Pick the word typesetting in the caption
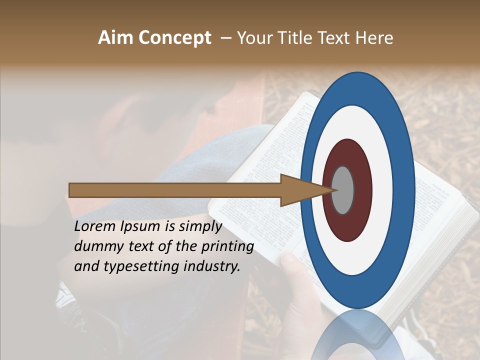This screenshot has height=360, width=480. (134, 266)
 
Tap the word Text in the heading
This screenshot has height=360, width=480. (335, 38)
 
